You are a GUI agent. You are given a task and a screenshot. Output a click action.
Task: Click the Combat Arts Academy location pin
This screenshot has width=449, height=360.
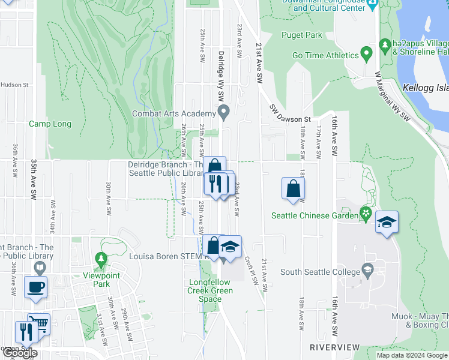(224, 111)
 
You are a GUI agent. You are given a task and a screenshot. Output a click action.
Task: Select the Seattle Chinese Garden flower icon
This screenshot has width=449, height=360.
(365, 213)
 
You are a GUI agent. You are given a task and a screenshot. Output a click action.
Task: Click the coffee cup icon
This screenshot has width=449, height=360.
(35, 286)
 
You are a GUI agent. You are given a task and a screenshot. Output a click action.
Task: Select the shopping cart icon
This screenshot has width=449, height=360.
(39, 324)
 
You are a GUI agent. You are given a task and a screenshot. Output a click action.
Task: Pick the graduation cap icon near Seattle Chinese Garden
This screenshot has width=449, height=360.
(387, 223)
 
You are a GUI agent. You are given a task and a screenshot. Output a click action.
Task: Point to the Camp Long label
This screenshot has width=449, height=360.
(50, 124)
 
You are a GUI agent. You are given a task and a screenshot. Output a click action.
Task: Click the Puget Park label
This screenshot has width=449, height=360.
(306, 35)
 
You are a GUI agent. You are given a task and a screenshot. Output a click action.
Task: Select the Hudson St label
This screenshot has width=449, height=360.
(14, 85)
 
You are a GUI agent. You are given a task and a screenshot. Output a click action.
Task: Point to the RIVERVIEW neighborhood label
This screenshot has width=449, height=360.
(334, 347)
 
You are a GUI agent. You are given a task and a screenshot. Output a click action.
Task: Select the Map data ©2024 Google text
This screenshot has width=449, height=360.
(411, 355)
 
